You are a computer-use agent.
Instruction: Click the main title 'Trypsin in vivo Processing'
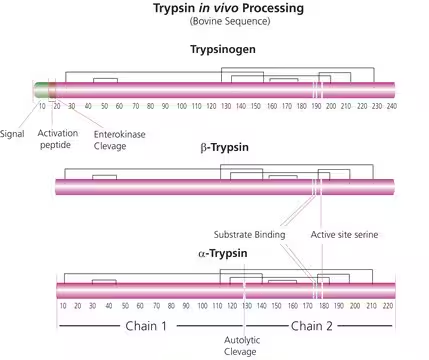(213, 9)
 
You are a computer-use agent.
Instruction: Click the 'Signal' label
(13, 132)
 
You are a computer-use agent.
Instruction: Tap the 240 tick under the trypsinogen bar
(392, 106)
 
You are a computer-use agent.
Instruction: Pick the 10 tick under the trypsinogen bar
(42, 106)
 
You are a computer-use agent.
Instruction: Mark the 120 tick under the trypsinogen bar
(211, 106)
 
